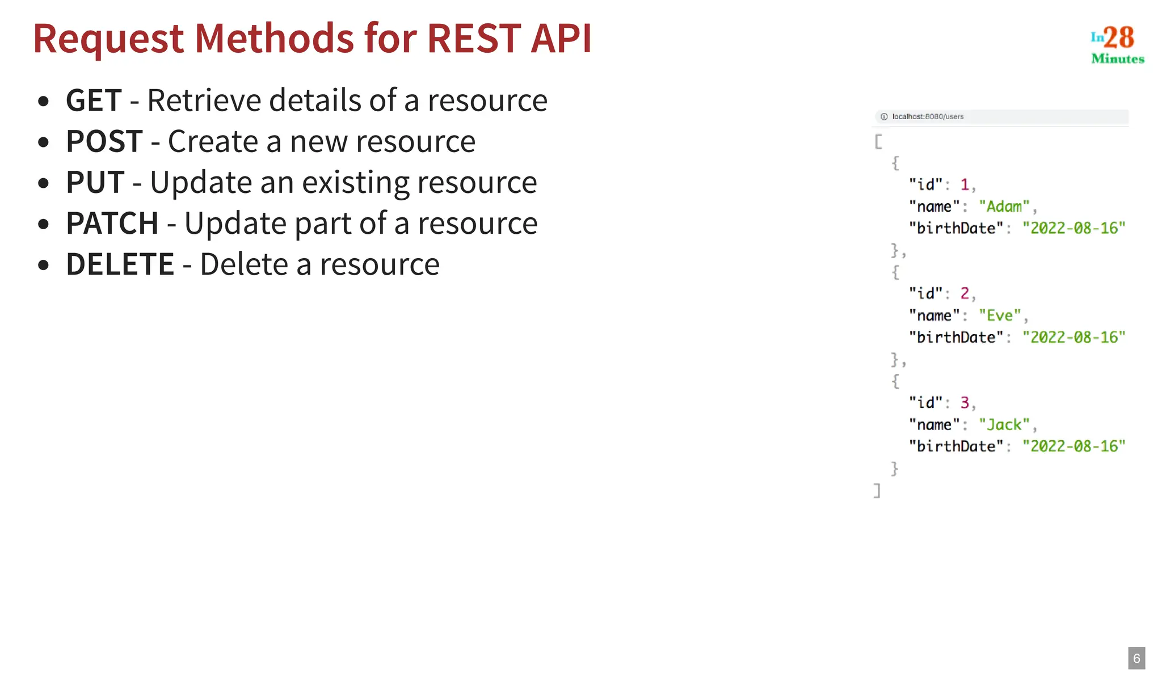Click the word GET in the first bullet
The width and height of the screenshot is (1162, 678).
pyautogui.click(x=94, y=101)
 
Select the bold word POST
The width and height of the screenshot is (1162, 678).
pyautogui.click(x=104, y=142)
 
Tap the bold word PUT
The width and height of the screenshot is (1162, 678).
pyautogui.click(x=95, y=183)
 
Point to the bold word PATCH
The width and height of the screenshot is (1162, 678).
pyautogui.click(x=112, y=224)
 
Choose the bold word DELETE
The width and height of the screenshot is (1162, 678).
pyautogui.click(x=120, y=264)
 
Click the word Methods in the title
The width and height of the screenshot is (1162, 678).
pyautogui.click(x=275, y=39)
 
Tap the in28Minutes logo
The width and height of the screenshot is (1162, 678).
pyautogui.click(x=1117, y=44)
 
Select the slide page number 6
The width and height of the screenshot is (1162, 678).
pyautogui.click(x=1136, y=658)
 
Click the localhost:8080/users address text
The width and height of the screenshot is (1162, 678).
pyautogui.click(x=928, y=116)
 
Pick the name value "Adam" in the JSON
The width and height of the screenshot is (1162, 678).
pyautogui.click(x=1004, y=207)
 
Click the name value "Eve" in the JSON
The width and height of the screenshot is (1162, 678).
pyautogui.click(x=1000, y=315)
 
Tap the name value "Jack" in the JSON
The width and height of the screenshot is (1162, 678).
pyautogui.click(x=1004, y=424)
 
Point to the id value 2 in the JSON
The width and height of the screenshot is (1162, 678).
pyautogui.click(x=965, y=293)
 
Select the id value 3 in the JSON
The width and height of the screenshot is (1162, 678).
pyautogui.click(x=965, y=402)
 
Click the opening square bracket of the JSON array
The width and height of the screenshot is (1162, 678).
pyautogui.click(x=878, y=141)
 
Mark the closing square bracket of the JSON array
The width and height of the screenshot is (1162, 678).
pyautogui.click(x=877, y=490)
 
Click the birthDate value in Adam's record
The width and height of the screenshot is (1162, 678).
pyautogui.click(x=1073, y=228)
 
